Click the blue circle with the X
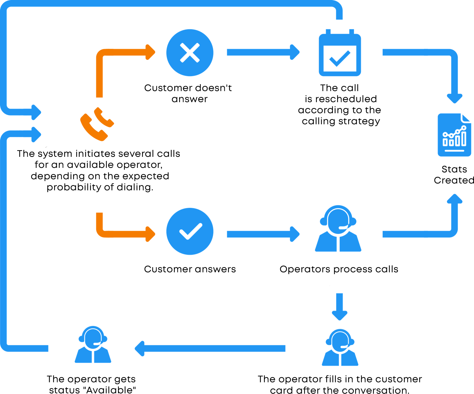pos(190,53)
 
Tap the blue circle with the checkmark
pos(190,231)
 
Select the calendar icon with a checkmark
pos(340,53)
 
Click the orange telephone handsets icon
pos(97,124)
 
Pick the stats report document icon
pos(454,135)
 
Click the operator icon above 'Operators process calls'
pos(338,228)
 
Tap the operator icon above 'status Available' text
pos(93,345)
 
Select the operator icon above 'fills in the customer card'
pos(340,347)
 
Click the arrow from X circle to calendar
pos(263,52)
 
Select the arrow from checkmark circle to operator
pos(263,234)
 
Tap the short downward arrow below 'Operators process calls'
pos(340,306)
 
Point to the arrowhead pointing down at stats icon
pos(454,98)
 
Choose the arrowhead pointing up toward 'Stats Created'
pos(454,198)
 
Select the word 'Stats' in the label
pos(454,169)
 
